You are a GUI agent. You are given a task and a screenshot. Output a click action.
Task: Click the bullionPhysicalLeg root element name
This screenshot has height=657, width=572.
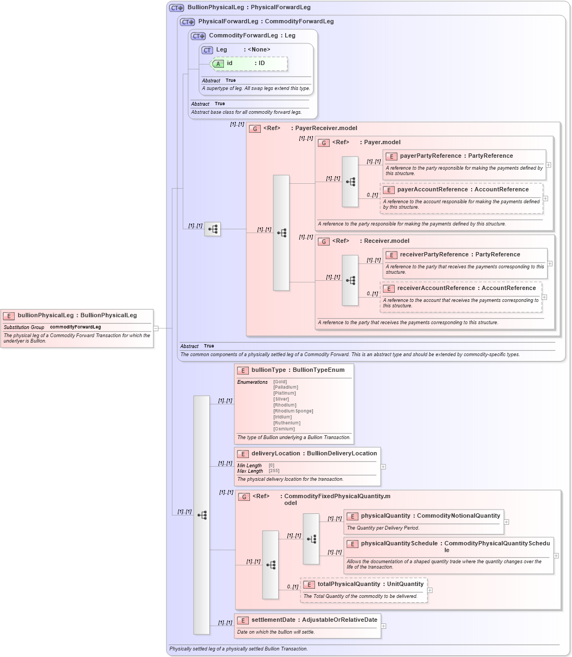click(x=46, y=315)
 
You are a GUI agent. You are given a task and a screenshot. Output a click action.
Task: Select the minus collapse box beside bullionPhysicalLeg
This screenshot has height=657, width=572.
click(x=156, y=328)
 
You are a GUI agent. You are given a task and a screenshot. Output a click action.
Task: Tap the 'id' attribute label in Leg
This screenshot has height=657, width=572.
click(x=229, y=63)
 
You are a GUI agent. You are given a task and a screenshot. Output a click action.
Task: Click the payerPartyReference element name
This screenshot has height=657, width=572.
click(x=430, y=156)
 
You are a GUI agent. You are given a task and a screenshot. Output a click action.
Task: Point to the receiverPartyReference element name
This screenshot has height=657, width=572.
click(x=434, y=255)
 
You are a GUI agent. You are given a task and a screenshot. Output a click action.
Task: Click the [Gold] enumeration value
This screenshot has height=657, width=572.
click(x=280, y=382)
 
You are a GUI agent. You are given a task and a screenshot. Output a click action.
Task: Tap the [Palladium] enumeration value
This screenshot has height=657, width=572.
click(x=286, y=388)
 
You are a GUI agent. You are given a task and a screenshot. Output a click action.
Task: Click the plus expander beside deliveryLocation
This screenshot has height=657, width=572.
click(x=383, y=467)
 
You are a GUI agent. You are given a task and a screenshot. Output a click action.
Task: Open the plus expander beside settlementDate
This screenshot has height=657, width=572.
click(x=383, y=626)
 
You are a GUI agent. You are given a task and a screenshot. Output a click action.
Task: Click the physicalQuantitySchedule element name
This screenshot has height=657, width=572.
click(x=399, y=544)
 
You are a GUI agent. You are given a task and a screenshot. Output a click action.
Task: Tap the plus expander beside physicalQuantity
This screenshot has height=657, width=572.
click(x=506, y=522)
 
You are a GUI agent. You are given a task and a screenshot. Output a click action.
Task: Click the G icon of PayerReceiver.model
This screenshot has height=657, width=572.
click(x=255, y=129)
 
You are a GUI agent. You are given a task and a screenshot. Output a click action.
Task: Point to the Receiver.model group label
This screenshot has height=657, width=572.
click(x=386, y=241)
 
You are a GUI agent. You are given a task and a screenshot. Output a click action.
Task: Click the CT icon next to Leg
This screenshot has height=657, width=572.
click(x=207, y=50)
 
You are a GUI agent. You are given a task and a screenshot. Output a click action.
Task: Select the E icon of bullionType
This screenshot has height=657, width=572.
click(x=243, y=371)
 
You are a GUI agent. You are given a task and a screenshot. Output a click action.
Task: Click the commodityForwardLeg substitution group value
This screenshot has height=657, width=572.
click(x=75, y=327)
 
